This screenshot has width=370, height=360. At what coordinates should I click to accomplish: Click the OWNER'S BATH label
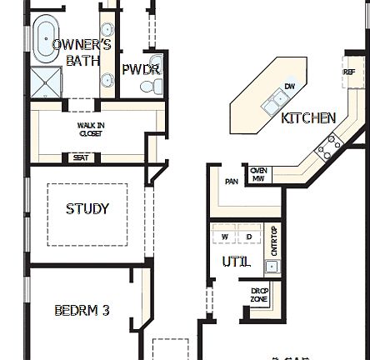82,52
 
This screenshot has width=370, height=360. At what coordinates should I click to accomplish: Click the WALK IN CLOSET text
91,129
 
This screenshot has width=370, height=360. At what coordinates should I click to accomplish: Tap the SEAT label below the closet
81,157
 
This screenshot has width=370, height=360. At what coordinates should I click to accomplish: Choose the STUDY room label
87,209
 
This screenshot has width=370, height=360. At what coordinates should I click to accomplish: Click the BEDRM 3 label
82,311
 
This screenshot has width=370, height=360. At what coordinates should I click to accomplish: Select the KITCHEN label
308,118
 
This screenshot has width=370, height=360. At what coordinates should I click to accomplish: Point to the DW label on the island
289,86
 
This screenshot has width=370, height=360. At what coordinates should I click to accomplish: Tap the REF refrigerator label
349,72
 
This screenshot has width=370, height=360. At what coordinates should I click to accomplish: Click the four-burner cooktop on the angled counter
327,147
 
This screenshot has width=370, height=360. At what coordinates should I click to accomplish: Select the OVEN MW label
259,174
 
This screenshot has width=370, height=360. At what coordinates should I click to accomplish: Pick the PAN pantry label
231,182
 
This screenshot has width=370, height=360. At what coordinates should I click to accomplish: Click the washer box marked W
225,237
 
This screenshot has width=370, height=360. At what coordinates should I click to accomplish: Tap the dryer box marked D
249,237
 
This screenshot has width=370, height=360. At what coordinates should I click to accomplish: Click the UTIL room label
236,262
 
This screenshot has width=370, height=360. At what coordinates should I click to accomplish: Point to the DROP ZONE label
260,295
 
